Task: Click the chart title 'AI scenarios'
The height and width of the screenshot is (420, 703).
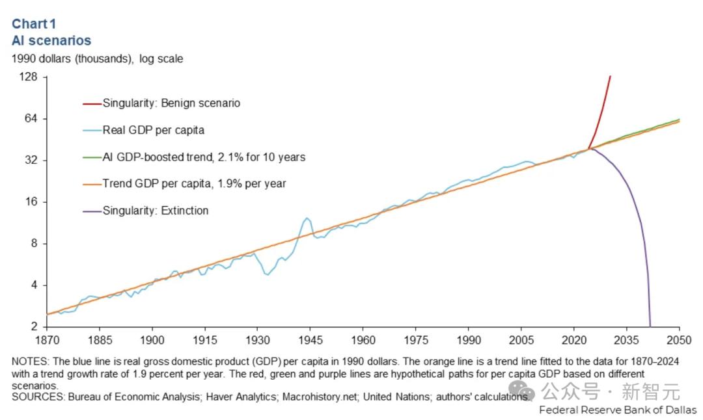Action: point(51,40)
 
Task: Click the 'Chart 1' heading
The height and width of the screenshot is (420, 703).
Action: point(34,24)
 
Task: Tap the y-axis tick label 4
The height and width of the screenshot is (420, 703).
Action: point(35,285)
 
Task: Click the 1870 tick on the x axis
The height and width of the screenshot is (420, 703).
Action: point(47,340)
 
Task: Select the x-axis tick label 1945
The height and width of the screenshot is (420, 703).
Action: point(310,340)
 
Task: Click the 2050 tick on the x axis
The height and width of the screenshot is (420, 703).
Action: point(679,340)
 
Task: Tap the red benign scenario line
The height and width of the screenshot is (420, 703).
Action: point(602,111)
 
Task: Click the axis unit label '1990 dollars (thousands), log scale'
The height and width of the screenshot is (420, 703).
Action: point(97,59)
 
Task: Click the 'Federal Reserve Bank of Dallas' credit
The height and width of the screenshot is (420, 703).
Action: point(618,410)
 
